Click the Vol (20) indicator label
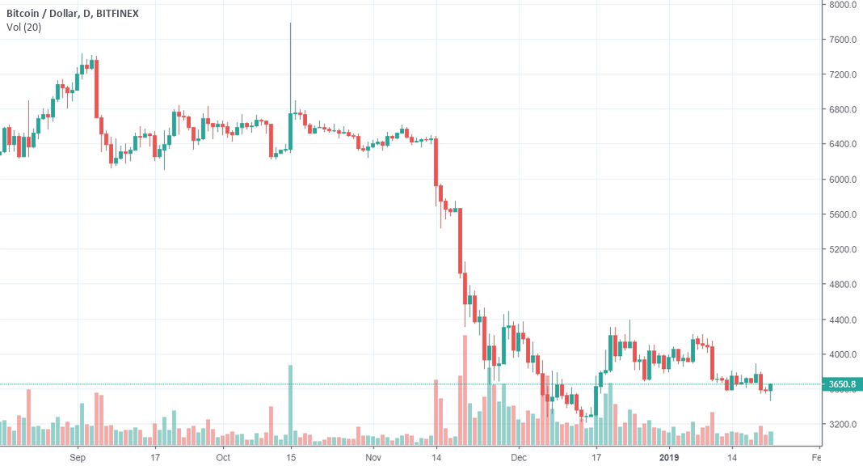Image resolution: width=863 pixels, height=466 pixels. (x=23, y=28)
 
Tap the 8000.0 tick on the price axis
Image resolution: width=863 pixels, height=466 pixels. (x=843, y=5)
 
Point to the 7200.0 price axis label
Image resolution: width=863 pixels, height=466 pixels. (x=843, y=74)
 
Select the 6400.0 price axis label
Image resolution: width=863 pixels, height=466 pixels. (x=843, y=145)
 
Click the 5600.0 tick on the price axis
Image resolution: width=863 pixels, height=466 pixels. (x=843, y=214)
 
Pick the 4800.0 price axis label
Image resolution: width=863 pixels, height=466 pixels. (x=843, y=285)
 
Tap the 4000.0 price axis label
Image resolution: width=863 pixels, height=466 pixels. (x=843, y=354)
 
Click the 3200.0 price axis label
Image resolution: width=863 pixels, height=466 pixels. (x=843, y=425)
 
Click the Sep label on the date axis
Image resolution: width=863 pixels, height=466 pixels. (x=78, y=457)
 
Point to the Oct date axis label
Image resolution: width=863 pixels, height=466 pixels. (x=223, y=457)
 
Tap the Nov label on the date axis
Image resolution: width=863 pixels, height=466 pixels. (x=372, y=457)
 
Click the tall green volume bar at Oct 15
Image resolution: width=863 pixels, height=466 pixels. (x=290, y=405)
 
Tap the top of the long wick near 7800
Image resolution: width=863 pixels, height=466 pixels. (x=290, y=24)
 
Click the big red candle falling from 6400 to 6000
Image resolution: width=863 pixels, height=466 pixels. (x=436, y=162)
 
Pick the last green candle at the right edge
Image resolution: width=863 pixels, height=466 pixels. (x=772, y=388)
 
